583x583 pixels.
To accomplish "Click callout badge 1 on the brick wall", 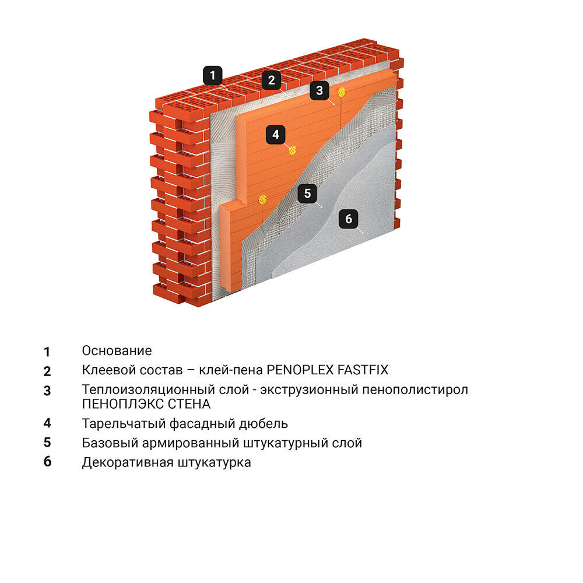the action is pos(213,75).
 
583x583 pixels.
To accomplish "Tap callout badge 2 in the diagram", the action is pos(272,80).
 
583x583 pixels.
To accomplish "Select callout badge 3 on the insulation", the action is pos(319,90).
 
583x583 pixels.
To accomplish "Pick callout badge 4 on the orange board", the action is pos(276,134).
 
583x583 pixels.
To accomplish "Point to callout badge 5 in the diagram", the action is pos(307,193).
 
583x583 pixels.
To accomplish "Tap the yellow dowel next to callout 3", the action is pos(342,92).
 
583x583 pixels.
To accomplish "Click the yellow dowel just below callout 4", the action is pos(293,150).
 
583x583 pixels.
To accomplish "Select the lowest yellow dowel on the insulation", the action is pos(263,199).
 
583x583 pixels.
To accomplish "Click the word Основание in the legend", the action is pos(117,350).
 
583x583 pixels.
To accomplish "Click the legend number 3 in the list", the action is pos(47,391).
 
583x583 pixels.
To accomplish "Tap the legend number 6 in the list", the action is pos(47,461).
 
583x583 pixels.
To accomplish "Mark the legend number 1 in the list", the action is pos(47,352).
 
